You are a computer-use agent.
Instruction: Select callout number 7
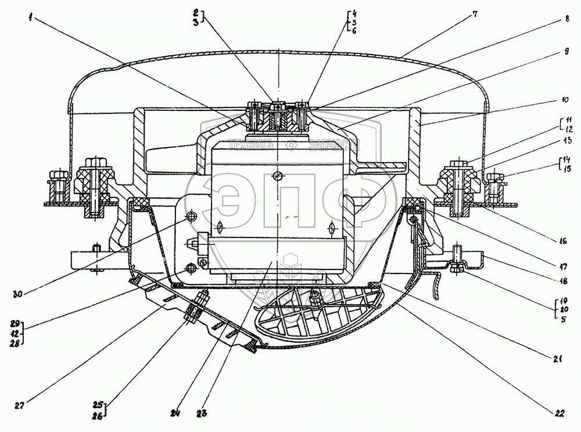475,13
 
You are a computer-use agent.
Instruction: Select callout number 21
558,359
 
